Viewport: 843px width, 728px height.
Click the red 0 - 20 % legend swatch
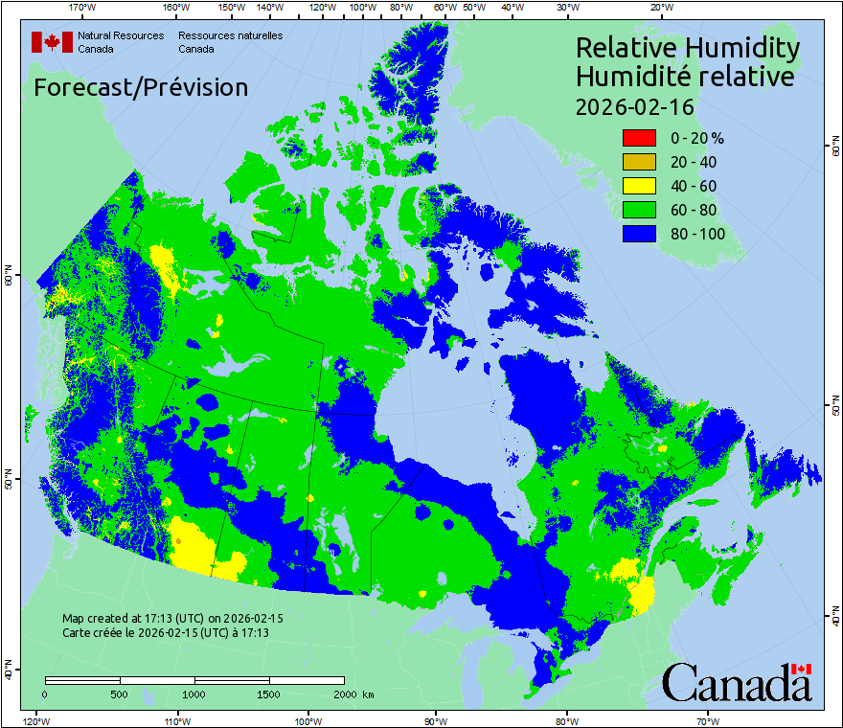639,138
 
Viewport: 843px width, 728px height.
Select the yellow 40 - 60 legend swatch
639,186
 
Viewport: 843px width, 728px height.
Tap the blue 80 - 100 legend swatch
639,234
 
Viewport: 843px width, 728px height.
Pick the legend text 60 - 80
694,210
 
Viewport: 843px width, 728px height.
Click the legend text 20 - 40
694,162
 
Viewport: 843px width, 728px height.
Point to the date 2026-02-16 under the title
634,106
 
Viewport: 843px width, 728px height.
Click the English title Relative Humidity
687,48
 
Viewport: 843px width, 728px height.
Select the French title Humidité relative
684,77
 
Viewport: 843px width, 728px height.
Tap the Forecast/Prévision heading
141,87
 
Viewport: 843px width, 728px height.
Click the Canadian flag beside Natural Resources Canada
52,42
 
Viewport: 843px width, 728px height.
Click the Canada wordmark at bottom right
737,682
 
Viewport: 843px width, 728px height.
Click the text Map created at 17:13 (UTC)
172,619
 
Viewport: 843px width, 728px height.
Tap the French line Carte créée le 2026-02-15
165,633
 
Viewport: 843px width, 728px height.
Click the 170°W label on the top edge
83,8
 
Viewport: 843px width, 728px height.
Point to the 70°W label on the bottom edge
708,720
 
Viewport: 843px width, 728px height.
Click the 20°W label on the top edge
659,8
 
